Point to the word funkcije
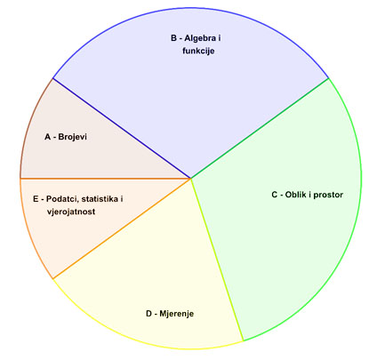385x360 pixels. [198, 51]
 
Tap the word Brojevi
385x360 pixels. [73, 137]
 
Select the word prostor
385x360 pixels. [328, 195]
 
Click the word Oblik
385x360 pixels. [296, 195]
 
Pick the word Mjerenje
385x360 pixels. [177, 314]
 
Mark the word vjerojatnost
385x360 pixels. [71, 212]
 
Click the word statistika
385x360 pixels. [100, 199]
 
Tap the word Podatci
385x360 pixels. [62, 199]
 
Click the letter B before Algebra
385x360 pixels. [173, 38]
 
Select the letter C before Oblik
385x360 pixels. [275, 195]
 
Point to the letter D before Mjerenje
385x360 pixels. [149, 314]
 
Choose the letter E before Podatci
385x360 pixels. [36, 199]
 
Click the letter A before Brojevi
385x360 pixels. [48, 137]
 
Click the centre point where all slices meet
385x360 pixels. [191, 179]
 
